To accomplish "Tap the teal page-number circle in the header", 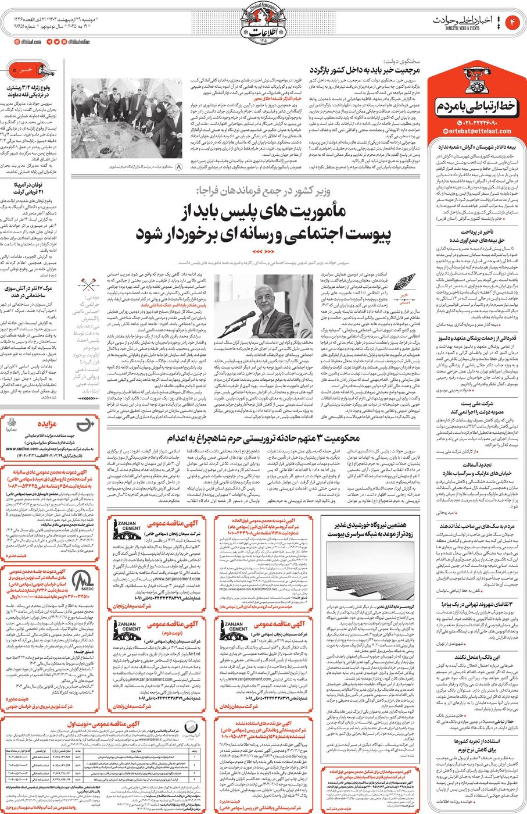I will (514, 22).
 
